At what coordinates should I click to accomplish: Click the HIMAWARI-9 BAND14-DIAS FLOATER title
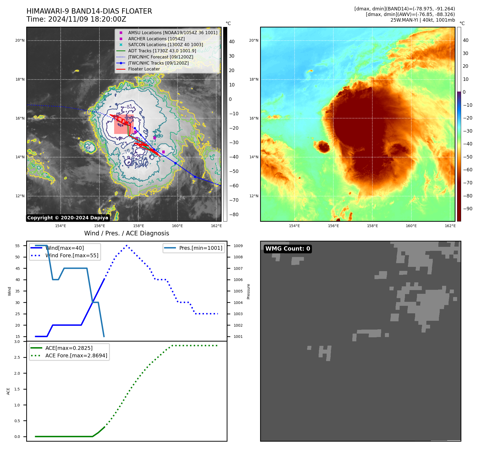(x=89, y=11)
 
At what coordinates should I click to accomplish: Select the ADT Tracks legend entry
(x=162, y=51)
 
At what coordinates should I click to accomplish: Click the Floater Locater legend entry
(x=144, y=69)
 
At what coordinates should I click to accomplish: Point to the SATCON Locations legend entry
(x=165, y=45)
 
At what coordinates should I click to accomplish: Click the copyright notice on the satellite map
(x=68, y=218)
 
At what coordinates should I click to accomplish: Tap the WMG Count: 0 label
(x=288, y=249)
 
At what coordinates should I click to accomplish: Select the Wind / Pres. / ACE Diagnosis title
(x=126, y=233)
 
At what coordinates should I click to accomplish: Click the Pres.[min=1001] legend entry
(x=200, y=248)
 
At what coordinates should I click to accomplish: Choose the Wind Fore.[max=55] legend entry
(x=72, y=255)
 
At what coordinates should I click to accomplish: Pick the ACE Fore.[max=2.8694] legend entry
(x=76, y=355)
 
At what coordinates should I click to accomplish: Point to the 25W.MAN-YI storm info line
(x=422, y=20)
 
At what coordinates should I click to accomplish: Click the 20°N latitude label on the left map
(x=20, y=41)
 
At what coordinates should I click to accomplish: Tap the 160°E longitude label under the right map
(x=411, y=226)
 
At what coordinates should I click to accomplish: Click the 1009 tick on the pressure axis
(x=238, y=246)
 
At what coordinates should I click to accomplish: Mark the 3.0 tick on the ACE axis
(x=17, y=342)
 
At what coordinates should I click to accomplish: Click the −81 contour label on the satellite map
(x=129, y=107)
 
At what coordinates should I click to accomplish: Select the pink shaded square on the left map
(x=124, y=124)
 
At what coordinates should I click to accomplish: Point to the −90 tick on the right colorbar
(x=468, y=209)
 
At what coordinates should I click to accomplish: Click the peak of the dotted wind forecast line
(x=126, y=246)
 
